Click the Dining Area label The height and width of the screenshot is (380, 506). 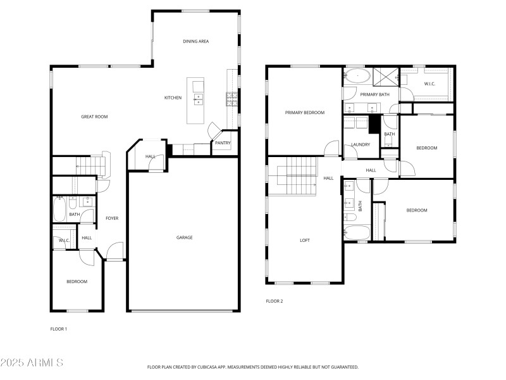pos(196,41)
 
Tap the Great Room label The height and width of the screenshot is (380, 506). pos(94,117)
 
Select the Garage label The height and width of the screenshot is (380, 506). pos(184,237)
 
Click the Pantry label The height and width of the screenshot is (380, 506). pos(223,143)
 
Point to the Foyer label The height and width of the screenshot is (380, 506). pos(112,218)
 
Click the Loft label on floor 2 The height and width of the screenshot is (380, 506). pos(305,240)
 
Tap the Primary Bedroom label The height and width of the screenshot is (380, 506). pos(304,113)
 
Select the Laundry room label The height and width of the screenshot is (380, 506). pos(361,144)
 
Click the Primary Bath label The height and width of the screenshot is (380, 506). pos(375,94)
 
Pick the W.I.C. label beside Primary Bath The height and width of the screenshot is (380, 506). pos(429,84)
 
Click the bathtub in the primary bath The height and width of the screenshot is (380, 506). pos(359,76)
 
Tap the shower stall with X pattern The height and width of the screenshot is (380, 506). pos(384,77)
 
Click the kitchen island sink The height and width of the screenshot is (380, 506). pos(199,98)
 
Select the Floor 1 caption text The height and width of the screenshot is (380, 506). pos(59,329)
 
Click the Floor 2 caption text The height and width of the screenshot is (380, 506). pos(274,301)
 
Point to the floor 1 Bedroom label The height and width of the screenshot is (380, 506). pos(77,281)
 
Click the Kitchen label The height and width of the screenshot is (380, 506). pos(173,98)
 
